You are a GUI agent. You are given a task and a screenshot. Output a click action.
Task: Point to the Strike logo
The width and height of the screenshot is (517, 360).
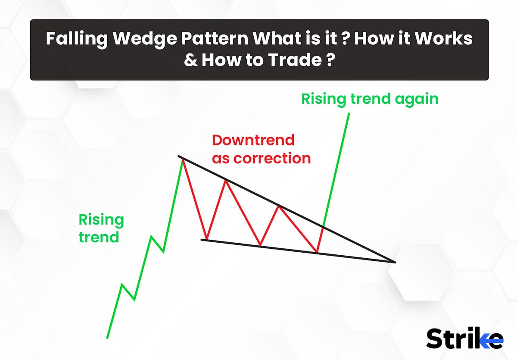[x=464, y=338]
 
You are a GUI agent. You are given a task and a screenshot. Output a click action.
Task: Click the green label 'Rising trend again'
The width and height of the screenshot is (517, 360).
[x=370, y=99]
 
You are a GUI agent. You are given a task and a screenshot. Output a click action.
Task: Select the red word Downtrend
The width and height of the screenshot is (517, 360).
[x=253, y=140]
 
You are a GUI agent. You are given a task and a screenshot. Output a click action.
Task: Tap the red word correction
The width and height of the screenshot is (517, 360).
[x=272, y=158]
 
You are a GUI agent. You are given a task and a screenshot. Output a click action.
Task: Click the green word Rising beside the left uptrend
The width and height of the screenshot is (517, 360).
[x=101, y=220]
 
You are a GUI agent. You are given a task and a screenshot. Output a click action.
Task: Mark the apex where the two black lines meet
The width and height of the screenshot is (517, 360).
[x=394, y=262]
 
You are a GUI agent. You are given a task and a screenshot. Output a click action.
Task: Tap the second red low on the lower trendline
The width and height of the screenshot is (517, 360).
[x=261, y=246]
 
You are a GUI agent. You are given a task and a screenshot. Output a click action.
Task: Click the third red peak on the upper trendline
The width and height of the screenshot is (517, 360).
[x=279, y=207]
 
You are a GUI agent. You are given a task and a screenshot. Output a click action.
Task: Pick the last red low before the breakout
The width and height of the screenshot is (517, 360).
[x=317, y=252]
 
